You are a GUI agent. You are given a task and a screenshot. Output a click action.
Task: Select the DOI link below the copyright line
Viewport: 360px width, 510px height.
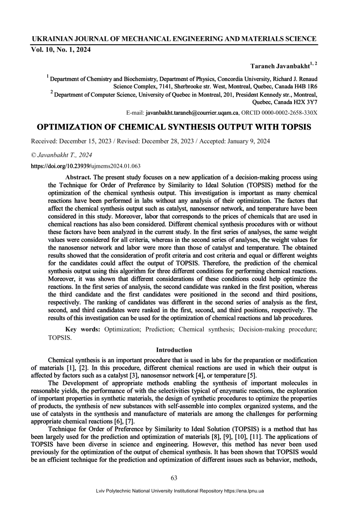[86, 166]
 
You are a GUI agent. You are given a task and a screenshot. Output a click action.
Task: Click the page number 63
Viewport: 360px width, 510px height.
[174, 478]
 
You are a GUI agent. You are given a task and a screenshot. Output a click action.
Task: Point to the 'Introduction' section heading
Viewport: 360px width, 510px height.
[174, 350]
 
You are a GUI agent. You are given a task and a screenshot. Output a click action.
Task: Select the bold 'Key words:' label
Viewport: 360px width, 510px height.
[83, 330]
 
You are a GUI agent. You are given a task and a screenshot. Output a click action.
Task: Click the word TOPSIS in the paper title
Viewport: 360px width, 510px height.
[289, 127]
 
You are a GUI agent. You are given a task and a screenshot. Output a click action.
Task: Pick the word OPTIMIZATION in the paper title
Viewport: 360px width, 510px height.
[73, 127]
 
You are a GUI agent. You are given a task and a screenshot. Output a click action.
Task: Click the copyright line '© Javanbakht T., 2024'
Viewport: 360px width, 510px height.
[62, 155]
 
